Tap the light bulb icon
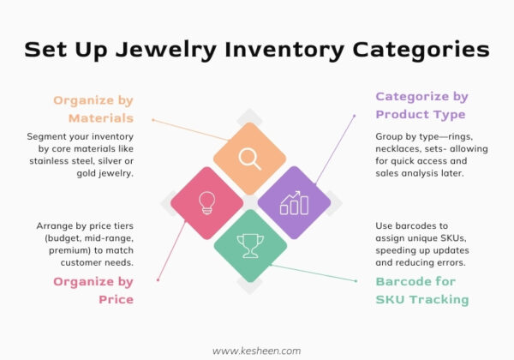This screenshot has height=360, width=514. coord(206,202)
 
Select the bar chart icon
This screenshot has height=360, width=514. coord(293,202)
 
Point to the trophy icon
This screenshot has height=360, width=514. coord(249,247)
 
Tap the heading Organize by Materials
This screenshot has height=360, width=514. coord(93,109)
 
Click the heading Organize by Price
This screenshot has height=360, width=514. coord(93,290)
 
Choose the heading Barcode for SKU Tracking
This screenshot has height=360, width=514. coord(421,290)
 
